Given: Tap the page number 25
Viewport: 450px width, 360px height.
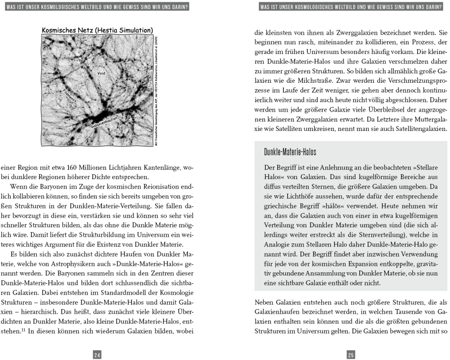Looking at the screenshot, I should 351,342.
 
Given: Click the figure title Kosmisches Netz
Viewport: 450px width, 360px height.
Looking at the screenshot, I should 97,30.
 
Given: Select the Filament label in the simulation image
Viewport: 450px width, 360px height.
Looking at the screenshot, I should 72,96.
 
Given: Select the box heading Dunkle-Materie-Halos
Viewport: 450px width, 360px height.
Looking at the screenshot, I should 290,152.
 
